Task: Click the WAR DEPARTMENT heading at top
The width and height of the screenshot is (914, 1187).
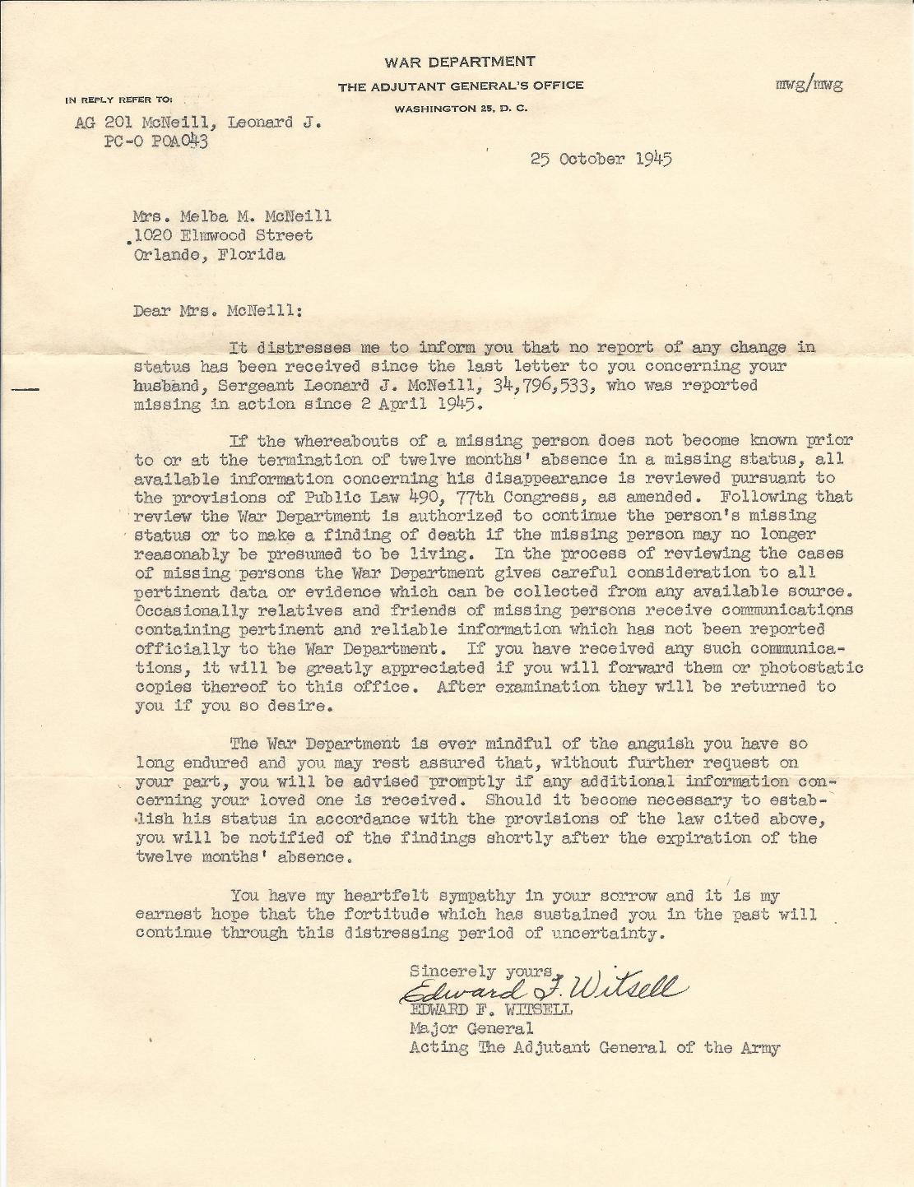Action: (x=460, y=62)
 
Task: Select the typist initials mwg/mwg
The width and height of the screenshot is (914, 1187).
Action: (x=810, y=83)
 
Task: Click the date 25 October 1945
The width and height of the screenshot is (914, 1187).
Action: (x=601, y=159)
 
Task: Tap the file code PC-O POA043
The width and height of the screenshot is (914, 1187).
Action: (x=155, y=141)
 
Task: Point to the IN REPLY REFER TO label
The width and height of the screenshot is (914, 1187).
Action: (x=119, y=100)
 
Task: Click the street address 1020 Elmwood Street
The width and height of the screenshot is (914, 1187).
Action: (x=223, y=235)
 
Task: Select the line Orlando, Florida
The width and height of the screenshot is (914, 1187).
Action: (x=210, y=254)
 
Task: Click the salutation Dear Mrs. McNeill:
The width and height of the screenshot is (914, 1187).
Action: (x=218, y=311)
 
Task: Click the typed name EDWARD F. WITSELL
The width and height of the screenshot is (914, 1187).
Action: (x=490, y=1009)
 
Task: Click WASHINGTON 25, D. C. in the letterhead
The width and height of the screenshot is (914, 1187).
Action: (x=461, y=109)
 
